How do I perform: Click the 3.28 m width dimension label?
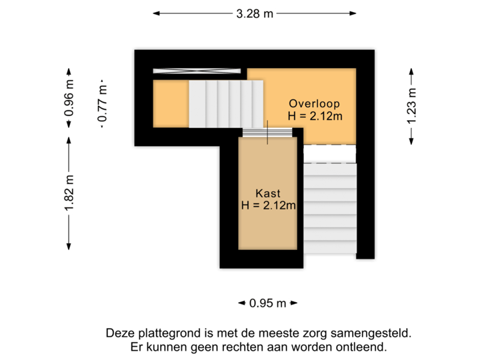[254, 13]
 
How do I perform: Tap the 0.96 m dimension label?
[69, 99]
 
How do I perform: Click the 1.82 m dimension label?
[69, 193]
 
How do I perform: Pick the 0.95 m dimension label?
[267, 303]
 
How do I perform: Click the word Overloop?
[314, 103]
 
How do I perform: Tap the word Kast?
[268, 193]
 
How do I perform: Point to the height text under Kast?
[268, 205]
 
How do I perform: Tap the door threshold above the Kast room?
[268, 133]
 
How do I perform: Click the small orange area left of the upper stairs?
[170, 103]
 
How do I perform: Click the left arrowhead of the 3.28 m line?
[155, 13]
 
